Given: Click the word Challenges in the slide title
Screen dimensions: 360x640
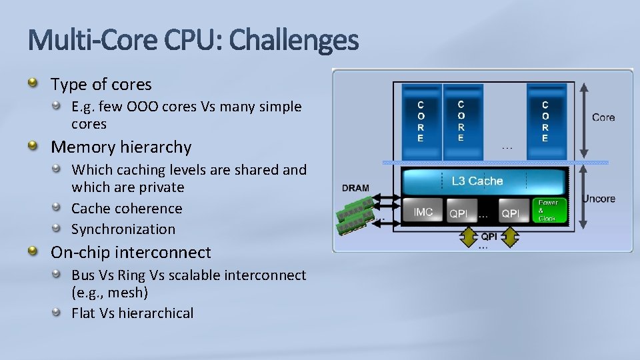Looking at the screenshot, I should [294, 41].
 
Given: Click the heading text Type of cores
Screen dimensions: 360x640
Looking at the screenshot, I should [101, 85].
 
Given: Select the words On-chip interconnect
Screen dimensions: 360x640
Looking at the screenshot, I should [131, 252].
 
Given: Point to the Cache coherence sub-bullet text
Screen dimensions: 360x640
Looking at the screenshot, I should [127, 208].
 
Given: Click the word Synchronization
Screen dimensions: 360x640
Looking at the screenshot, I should [123, 229].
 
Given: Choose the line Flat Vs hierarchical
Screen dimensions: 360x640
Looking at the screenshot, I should [132, 313].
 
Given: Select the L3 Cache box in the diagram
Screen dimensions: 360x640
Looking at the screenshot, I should [477, 181].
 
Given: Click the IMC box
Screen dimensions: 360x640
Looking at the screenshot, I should [423, 212].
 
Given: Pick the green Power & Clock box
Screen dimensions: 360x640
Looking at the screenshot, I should [549, 210].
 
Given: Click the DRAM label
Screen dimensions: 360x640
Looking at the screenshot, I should [355, 188].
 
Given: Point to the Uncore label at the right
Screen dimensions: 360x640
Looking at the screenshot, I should [598, 199].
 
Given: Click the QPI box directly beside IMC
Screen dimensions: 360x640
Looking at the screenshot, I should [458, 213].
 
